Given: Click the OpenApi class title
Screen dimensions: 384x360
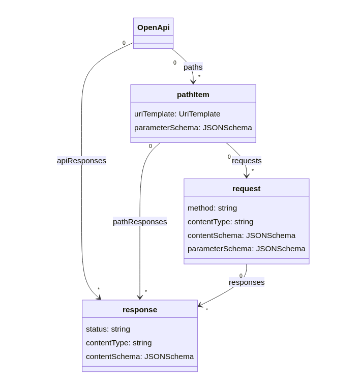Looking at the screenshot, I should [x=153, y=27].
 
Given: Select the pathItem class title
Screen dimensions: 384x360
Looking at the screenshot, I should [x=193, y=94].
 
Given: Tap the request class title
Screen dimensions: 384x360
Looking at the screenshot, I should [x=246, y=188].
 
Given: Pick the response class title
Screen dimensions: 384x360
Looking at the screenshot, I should [x=140, y=309].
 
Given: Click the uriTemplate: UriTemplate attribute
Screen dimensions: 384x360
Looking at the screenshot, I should [x=177, y=114].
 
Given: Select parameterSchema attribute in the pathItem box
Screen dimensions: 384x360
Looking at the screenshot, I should [x=193, y=128].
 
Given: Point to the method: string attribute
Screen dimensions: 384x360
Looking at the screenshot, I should [x=212, y=208].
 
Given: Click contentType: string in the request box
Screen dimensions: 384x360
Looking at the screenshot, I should [x=220, y=222].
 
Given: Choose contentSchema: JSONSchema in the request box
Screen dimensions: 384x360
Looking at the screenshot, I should [x=241, y=235].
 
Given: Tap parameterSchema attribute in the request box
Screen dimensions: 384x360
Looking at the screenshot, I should [x=246, y=249].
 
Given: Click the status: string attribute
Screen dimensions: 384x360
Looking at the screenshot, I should [x=108, y=329].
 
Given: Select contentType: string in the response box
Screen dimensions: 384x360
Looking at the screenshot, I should [x=118, y=343].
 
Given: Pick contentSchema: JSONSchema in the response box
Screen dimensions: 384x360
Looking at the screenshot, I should [x=140, y=357].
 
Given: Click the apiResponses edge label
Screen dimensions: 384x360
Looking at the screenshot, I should [x=81, y=161].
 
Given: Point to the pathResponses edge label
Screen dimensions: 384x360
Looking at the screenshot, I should [x=140, y=222].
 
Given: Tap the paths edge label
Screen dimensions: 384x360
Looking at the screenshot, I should [x=193, y=67].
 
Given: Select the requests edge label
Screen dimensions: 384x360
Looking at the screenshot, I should [x=247, y=161].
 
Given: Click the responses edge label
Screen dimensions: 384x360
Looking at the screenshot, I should [x=247, y=282].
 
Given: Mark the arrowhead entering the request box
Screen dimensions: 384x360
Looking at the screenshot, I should [x=247, y=175].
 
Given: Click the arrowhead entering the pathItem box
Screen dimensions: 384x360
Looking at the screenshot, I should [x=193, y=81].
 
